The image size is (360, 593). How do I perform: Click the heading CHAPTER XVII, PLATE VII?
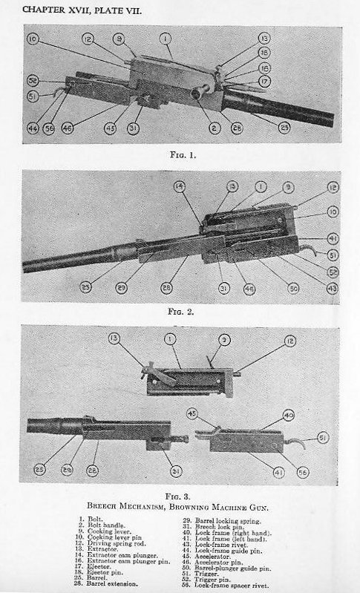click(82, 10)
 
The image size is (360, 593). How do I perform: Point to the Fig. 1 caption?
click(180, 155)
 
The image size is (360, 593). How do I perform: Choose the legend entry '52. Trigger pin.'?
click(210, 579)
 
